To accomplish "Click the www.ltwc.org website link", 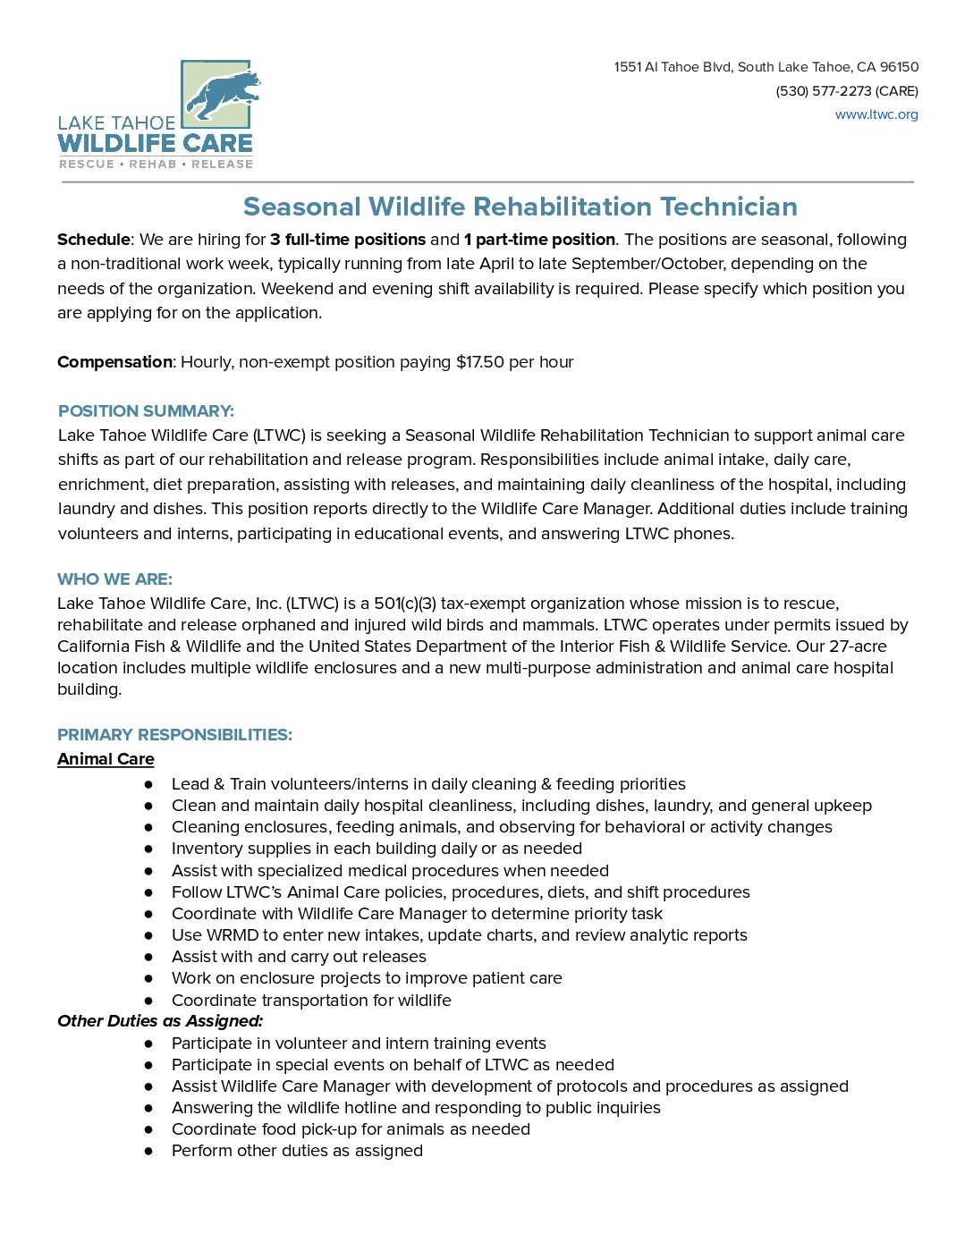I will [x=876, y=114].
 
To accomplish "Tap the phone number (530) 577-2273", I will [x=823, y=91].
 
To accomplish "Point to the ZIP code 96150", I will [x=899, y=67].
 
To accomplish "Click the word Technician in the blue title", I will [x=729, y=207].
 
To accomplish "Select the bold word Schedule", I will [x=93, y=240].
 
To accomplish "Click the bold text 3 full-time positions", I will [x=348, y=240].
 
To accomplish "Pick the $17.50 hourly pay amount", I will [x=480, y=362].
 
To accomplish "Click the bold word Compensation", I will [x=114, y=362].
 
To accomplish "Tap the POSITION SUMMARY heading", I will [x=146, y=411].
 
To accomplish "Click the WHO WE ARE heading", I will [x=114, y=579].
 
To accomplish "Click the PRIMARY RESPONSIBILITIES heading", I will [x=174, y=735].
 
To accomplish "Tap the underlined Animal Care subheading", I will [x=106, y=759].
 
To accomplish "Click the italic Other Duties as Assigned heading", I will [x=160, y=1021].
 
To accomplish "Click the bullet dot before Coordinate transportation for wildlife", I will [x=148, y=1001].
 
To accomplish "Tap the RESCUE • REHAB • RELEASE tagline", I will [x=156, y=165].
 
